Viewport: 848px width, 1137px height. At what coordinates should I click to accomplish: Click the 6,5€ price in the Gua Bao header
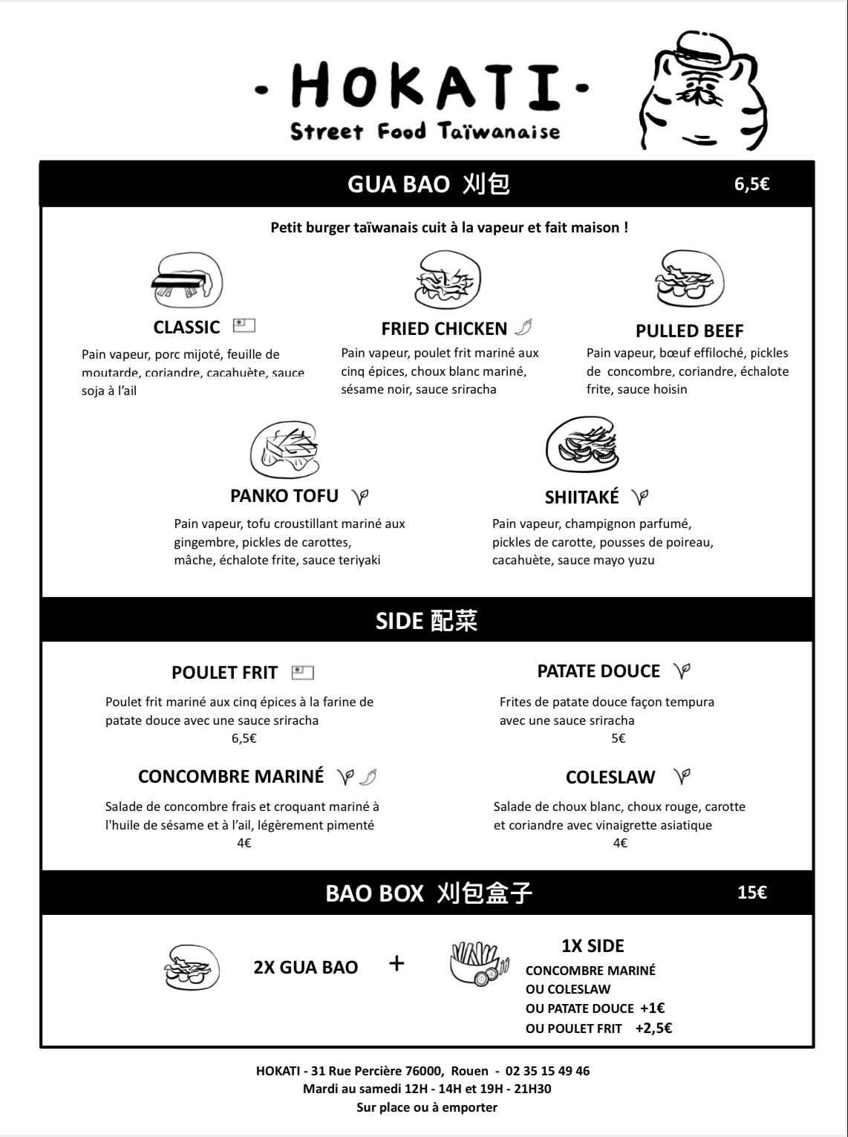tap(751, 184)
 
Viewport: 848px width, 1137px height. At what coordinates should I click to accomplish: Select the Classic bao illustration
tap(187, 281)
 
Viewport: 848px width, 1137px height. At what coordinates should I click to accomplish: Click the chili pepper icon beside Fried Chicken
tap(524, 328)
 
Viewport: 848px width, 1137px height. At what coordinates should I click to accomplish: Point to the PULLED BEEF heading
tap(689, 330)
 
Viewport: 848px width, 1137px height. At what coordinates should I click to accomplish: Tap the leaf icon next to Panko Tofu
tap(360, 496)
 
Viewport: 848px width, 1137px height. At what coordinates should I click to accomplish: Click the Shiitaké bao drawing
tap(582, 446)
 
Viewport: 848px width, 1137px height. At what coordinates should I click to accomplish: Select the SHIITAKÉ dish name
tap(581, 497)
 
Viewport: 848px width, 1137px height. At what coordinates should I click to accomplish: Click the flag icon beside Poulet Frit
tap(302, 673)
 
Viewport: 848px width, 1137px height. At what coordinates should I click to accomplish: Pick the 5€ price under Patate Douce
tap(619, 738)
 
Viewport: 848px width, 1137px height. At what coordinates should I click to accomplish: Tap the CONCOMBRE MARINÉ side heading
tap(231, 777)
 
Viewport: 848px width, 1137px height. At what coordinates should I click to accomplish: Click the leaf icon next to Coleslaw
tap(682, 777)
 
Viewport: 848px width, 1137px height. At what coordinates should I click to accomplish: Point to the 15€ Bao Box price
tap(751, 892)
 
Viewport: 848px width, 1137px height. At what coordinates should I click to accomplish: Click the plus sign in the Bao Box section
tap(397, 964)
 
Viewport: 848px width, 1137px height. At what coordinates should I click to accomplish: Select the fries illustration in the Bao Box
tap(480, 964)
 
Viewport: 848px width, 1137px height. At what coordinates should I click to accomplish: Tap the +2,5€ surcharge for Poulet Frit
tap(653, 1028)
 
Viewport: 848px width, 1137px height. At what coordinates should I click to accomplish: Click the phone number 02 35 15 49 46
tap(547, 1071)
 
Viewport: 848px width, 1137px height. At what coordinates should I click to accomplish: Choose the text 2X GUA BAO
tap(305, 967)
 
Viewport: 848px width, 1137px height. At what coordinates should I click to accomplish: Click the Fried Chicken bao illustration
tap(447, 280)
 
